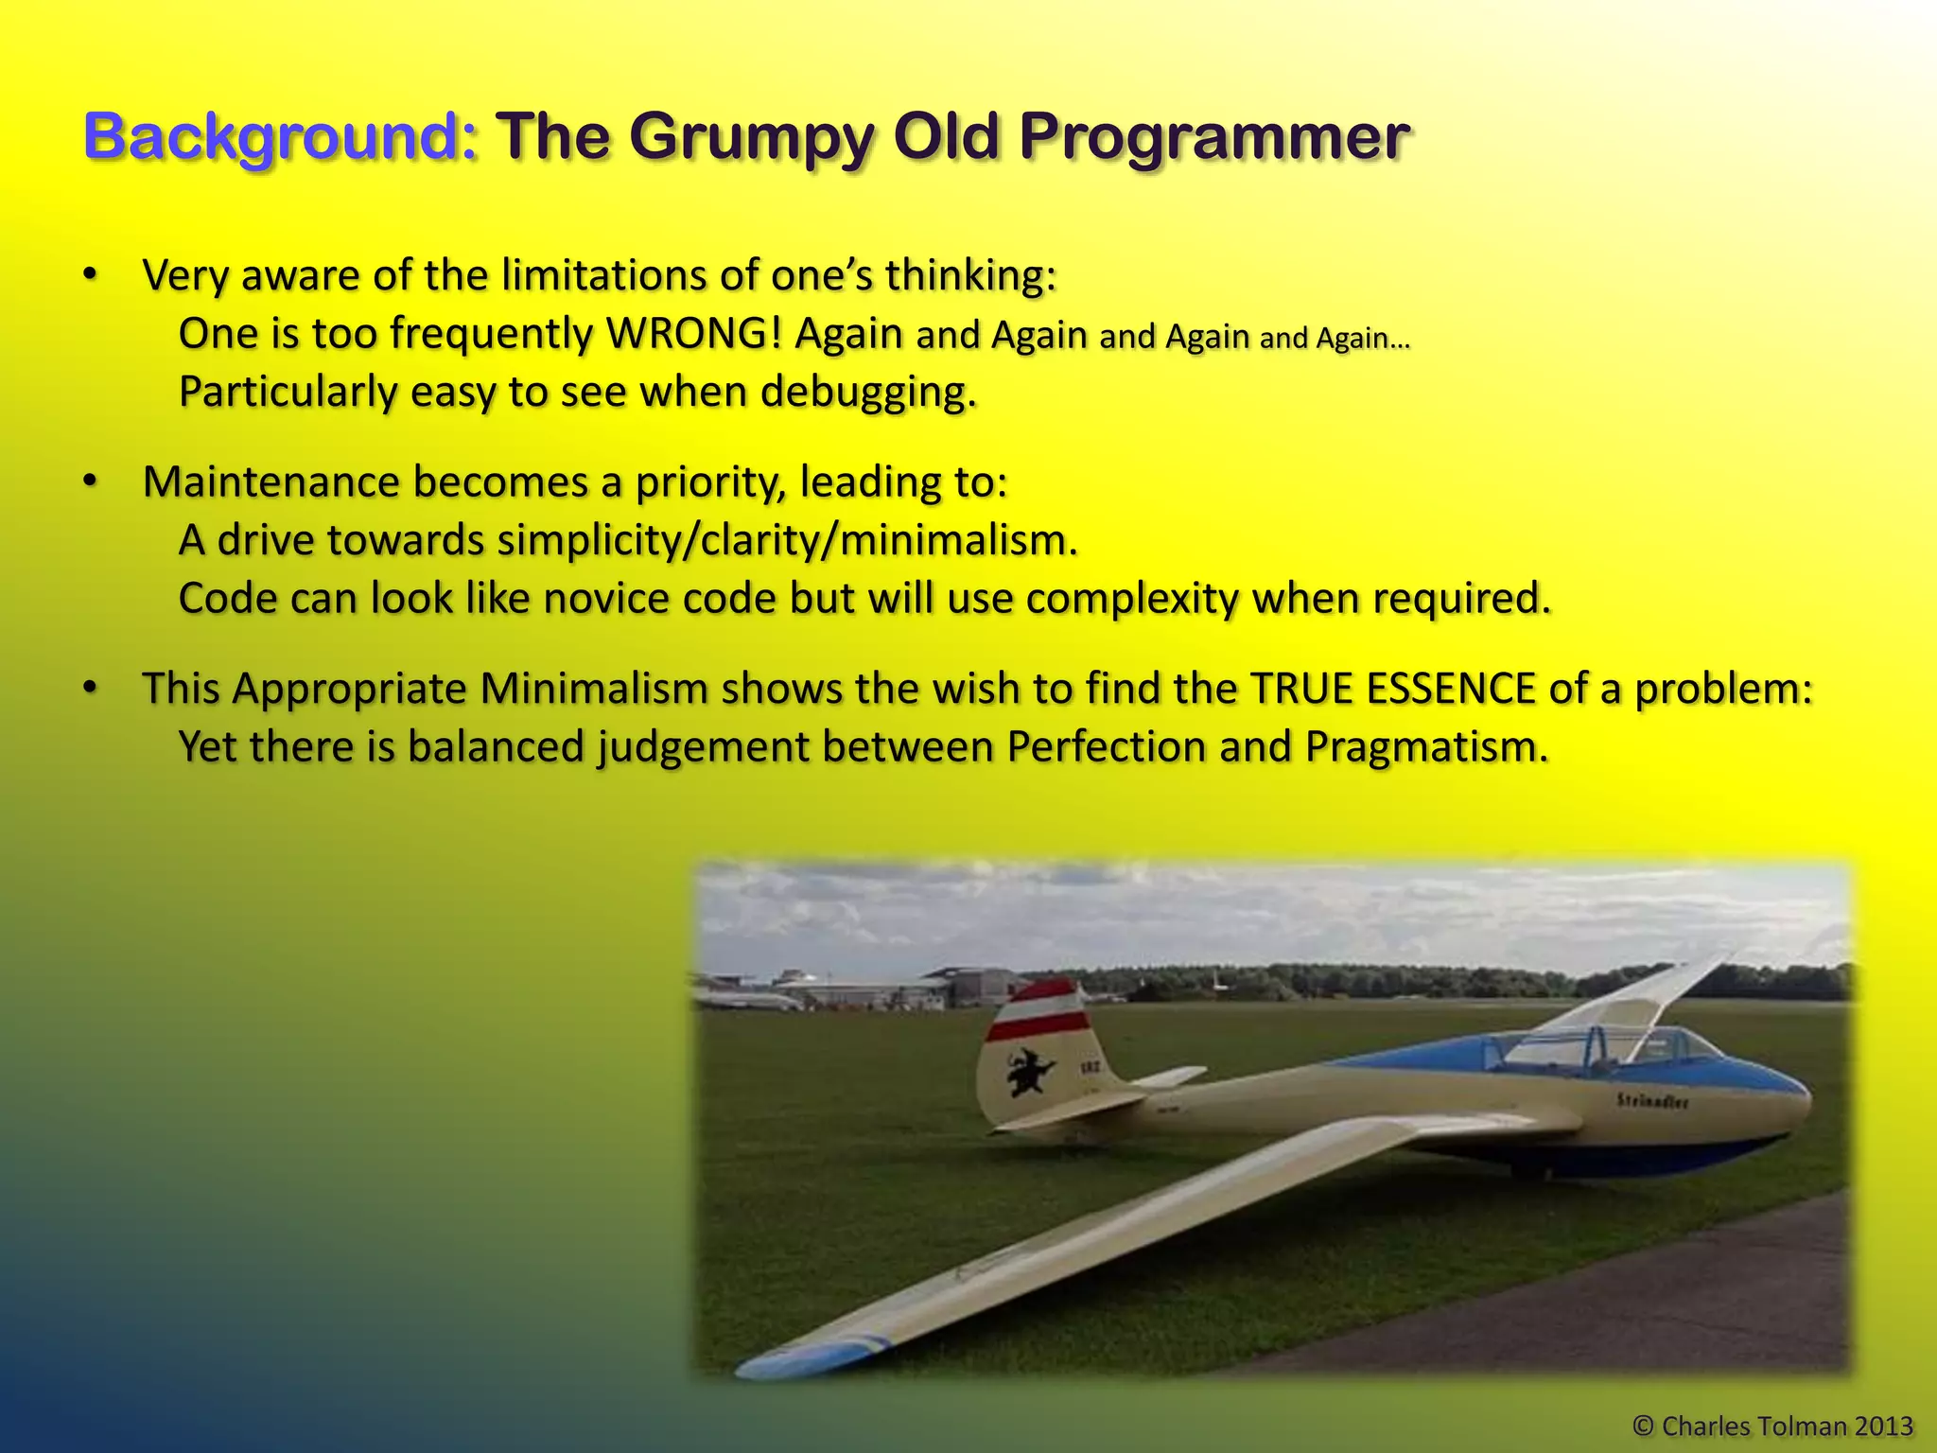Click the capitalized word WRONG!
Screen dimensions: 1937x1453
tap(693, 334)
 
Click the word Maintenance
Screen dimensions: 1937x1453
tap(270, 482)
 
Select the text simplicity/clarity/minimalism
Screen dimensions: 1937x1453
tap(787, 541)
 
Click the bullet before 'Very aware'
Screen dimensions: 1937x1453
tap(90, 275)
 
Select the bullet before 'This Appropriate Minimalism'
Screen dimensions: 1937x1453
tap(90, 689)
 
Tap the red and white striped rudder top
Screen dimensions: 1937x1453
tap(1037, 1010)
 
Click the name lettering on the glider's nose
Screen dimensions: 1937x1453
tap(1651, 1101)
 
